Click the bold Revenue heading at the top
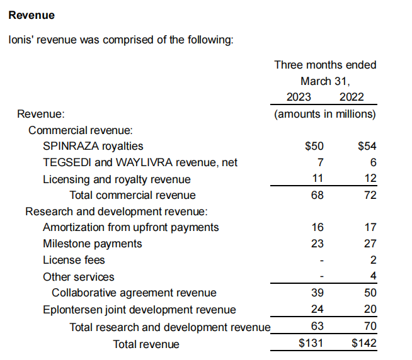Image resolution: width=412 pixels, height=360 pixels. pyautogui.click(x=31, y=14)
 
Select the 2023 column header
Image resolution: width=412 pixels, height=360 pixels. pyautogui.click(x=299, y=98)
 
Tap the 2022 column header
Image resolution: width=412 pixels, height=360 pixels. pyautogui.click(x=352, y=98)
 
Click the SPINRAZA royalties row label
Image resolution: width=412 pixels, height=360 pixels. pyautogui.click(x=93, y=146)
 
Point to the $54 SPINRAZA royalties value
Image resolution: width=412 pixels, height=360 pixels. pyautogui.click(x=367, y=146)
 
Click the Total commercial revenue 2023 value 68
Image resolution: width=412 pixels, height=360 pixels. pyautogui.click(x=318, y=195)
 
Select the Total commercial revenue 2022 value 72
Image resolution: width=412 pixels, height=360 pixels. pyautogui.click(x=370, y=195)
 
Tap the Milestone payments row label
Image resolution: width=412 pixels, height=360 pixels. pyautogui.click(x=93, y=244)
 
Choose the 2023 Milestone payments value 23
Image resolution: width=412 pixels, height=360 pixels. pyautogui.click(x=318, y=244)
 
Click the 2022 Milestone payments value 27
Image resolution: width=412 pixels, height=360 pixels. pyautogui.click(x=370, y=244)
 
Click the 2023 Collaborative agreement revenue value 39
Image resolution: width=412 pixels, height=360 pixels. pyautogui.click(x=318, y=293)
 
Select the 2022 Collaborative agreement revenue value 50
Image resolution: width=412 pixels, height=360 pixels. pyautogui.click(x=370, y=293)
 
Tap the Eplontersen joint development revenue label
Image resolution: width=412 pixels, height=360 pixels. pyautogui.click(x=139, y=310)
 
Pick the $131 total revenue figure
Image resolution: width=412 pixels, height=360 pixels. pyautogui.click(x=311, y=344)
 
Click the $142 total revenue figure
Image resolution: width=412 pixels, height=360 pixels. pyautogui.click(x=364, y=344)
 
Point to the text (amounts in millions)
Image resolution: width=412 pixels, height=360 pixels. pyautogui.click(x=325, y=114)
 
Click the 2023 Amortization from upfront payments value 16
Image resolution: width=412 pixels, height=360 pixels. pyautogui.click(x=318, y=227)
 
